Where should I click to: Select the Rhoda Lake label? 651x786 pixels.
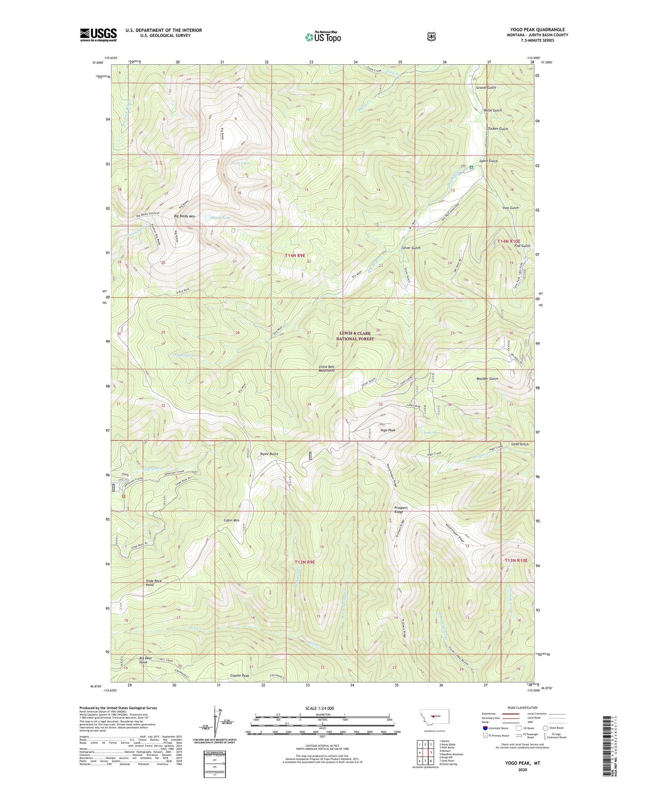click(x=221, y=217)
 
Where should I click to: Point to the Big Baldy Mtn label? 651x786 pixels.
click(x=184, y=217)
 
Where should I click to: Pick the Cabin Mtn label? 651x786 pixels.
click(x=231, y=520)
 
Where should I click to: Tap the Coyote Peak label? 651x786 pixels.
click(x=239, y=676)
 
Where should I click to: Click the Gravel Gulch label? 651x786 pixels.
click(x=486, y=87)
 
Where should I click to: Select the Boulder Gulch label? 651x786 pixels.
click(x=487, y=379)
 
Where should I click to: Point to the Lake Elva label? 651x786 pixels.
click(x=432, y=433)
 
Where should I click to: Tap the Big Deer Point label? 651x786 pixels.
click(x=143, y=660)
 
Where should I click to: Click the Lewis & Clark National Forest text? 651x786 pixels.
click(x=355, y=336)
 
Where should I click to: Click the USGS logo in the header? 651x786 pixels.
click(x=98, y=35)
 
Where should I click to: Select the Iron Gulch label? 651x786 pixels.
click(x=510, y=208)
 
